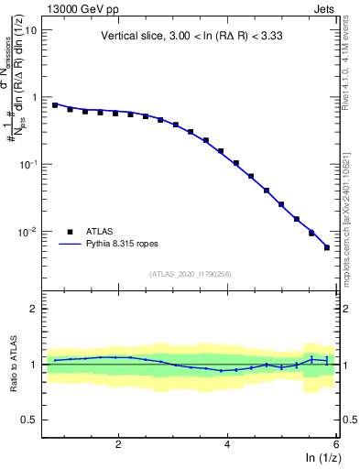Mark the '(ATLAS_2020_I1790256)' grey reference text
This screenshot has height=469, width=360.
pos(191,274)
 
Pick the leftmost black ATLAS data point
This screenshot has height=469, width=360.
pos(55,105)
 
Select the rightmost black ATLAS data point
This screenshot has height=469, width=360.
pos(327,247)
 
